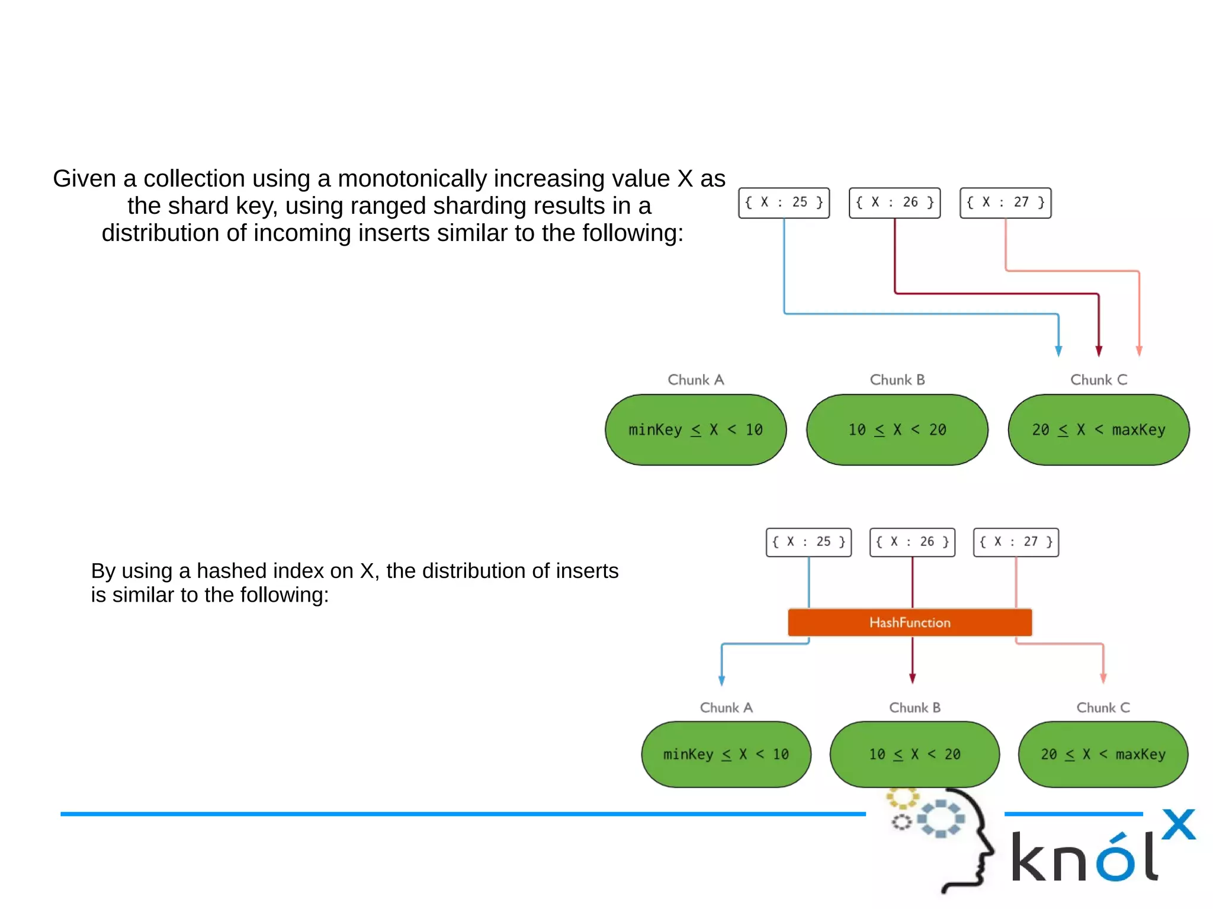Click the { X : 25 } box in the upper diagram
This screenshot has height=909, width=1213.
pos(784,203)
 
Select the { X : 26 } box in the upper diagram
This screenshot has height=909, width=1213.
pos(894,203)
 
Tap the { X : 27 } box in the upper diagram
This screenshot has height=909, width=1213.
pos(1005,203)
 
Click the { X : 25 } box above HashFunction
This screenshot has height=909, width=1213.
pos(808,542)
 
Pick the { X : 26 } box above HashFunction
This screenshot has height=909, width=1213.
pos(912,542)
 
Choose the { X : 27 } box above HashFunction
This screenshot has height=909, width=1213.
pos(1016,542)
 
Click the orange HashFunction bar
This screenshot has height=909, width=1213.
pos(910,622)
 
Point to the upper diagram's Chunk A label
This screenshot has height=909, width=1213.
pos(696,380)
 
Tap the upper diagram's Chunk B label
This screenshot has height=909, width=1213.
pos(897,380)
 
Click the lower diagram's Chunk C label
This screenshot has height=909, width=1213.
pos(1103,708)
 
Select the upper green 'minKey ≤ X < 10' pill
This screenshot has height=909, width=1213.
pos(696,430)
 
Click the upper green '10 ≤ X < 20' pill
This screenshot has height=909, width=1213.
pos(897,430)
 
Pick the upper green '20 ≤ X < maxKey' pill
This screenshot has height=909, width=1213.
pos(1099,430)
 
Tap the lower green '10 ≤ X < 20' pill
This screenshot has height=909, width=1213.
pos(914,754)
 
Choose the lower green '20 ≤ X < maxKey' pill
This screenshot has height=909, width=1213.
pos(1103,754)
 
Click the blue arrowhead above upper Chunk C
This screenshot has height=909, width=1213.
pos(1058,351)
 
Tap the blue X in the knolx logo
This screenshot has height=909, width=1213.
pos(1178,824)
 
